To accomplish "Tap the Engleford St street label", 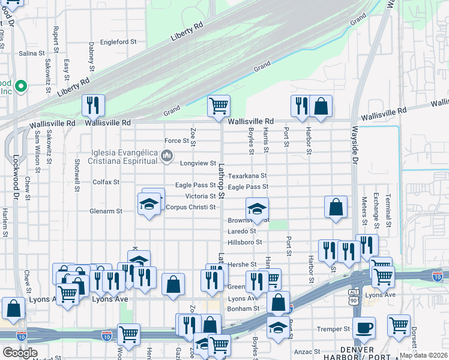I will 119,42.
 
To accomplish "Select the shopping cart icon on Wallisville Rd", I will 219,106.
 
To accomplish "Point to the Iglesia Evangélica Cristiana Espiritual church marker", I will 166,157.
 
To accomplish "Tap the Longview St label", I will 197,163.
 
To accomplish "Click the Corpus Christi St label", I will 191,207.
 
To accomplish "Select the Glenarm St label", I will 106,211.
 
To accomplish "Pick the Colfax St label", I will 106,182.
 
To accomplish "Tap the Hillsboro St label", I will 246,242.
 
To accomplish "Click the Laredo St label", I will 242,231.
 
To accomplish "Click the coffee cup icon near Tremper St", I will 363,328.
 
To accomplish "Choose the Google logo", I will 20,352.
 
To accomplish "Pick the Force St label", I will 176,141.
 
